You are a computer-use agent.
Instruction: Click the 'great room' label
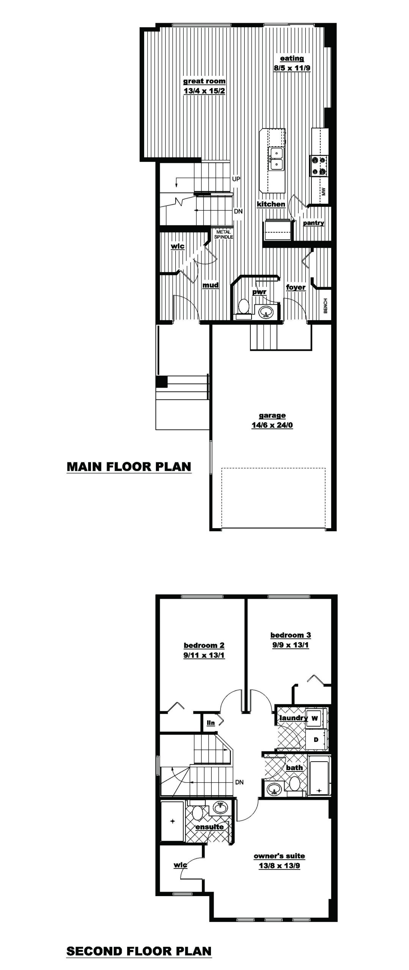pyautogui.click(x=204, y=81)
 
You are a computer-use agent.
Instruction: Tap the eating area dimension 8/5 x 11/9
pyautogui.click(x=292, y=69)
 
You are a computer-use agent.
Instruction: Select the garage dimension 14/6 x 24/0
pyautogui.click(x=272, y=425)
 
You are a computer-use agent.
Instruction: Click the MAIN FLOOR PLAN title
pyautogui.click(x=129, y=466)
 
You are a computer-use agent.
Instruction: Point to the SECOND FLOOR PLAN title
pyautogui.click(x=139, y=951)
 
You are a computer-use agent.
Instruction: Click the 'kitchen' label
pyautogui.click(x=271, y=204)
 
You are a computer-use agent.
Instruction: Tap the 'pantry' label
pyautogui.click(x=313, y=223)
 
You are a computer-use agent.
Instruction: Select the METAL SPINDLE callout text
pyautogui.click(x=223, y=234)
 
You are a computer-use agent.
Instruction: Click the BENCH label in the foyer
pyautogui.click(x=325, y=306)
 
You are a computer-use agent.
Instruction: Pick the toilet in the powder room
pyautogui.click(x=243, y=307)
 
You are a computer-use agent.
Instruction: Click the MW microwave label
pyautogui.click(x=324, y=191)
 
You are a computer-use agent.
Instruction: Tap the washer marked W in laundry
pyautogui.click(x=315, y=718)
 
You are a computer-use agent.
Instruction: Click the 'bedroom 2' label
pyautogui.click(x=204, y=646)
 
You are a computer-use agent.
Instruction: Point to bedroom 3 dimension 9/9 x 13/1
pyautogui.click(x=290, y=645)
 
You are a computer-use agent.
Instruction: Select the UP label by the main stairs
pyautogui.click(x=236, y=179)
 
